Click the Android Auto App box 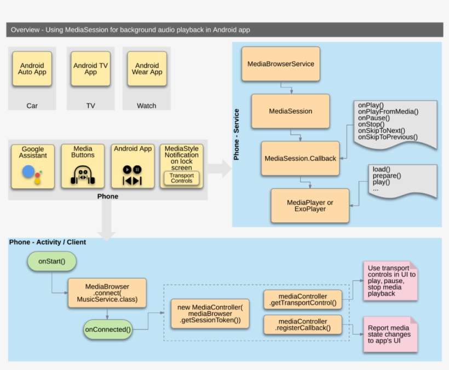coord(32,68)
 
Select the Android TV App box coord(90,68)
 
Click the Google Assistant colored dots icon coord(31,174)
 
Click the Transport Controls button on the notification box coord(181,178)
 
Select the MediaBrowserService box coord(280,64)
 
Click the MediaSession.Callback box coord(300,158)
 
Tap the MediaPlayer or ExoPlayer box coord(310,206)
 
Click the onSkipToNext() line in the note coord(381,130)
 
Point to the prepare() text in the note coord(387,176)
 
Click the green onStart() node coord(52,261)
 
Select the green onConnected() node coord(108,329)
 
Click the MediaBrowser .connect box coord(107,293)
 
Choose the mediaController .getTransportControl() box coord(303,299)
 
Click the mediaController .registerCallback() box coord(303,324)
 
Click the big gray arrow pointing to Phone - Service coord(219,169)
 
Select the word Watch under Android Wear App coord(146,106)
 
